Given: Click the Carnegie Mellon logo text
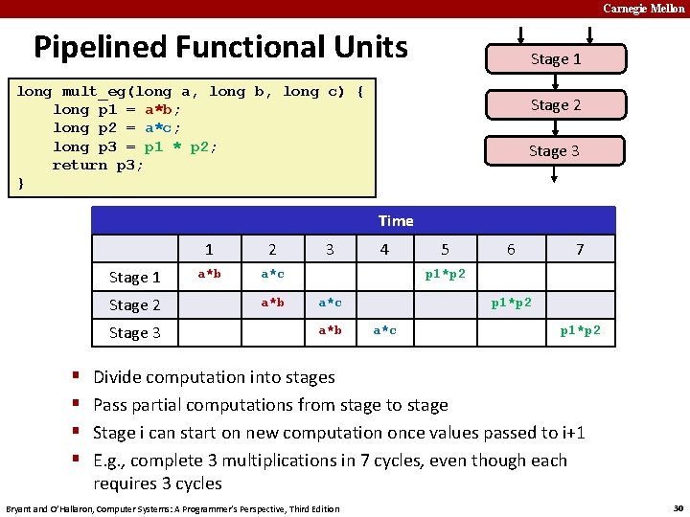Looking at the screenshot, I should [x=643, y=9].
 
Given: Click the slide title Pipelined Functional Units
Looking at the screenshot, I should [x=220, y=47].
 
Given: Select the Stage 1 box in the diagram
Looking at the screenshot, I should [x=556, y=59].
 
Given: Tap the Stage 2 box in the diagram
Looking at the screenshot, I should [x=556, y=105].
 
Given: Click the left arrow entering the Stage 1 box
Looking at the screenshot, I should [x=522, y=35].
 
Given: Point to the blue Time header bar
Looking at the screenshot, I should [x=395, y=221].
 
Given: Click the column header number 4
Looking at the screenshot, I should [x=384, y=250].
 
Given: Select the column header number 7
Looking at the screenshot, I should [x=579, y=250].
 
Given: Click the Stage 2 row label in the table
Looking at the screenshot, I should [x=135, y=305].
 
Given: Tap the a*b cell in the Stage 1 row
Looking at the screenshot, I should [x=209, y=275].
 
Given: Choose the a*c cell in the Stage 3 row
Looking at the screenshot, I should [x=384, y=330].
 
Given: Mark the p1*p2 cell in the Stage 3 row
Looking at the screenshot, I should [x=581, y=330].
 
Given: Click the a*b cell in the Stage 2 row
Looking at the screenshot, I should [x=272, y=303].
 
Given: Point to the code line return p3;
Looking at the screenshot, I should [x=98, y=165].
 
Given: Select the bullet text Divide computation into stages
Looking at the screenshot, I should [x=214, y=377].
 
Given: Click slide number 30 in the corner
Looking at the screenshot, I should [x=678, y=506].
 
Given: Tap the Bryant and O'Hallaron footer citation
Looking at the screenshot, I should [x=172, y=508].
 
